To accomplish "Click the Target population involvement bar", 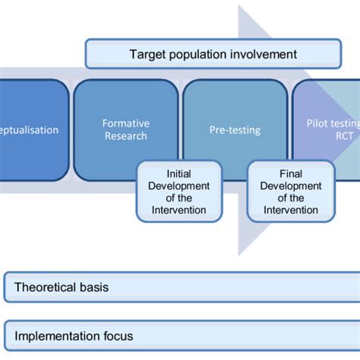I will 213,55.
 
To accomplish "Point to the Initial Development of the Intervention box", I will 179,191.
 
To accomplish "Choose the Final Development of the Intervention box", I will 291,191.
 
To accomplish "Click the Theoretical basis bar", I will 180,288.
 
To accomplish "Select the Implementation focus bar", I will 180,335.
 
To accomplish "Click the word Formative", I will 126,123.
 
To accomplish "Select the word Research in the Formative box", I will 126,137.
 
